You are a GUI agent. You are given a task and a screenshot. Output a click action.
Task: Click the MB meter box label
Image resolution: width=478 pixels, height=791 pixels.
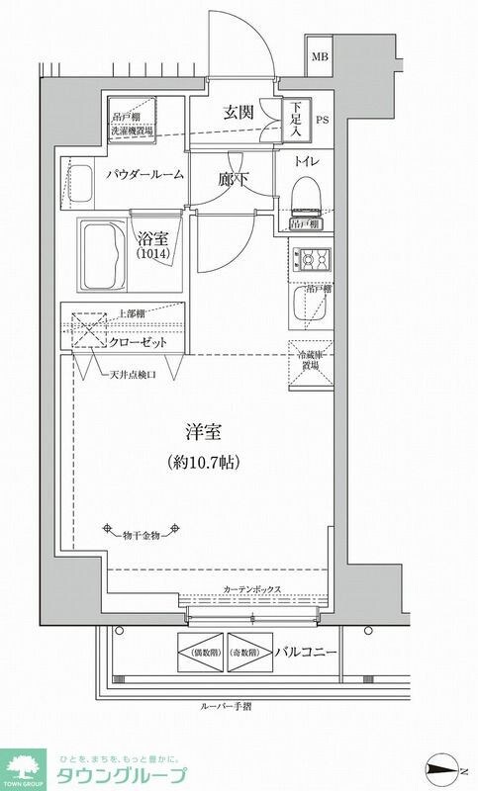[x=321, y=56]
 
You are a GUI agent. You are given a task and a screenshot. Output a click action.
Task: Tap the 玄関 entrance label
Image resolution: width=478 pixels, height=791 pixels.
[x=240, y=112]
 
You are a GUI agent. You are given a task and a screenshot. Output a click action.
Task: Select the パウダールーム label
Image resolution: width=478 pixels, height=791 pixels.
[x=144, y=174]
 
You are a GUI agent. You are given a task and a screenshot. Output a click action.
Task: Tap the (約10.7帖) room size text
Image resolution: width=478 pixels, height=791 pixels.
[x=204, y=462]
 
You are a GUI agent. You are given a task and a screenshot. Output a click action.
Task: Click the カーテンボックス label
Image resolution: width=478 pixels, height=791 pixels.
[x=253, y=589]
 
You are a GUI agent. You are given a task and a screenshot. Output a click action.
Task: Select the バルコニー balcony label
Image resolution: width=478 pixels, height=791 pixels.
[x=309, y=654]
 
